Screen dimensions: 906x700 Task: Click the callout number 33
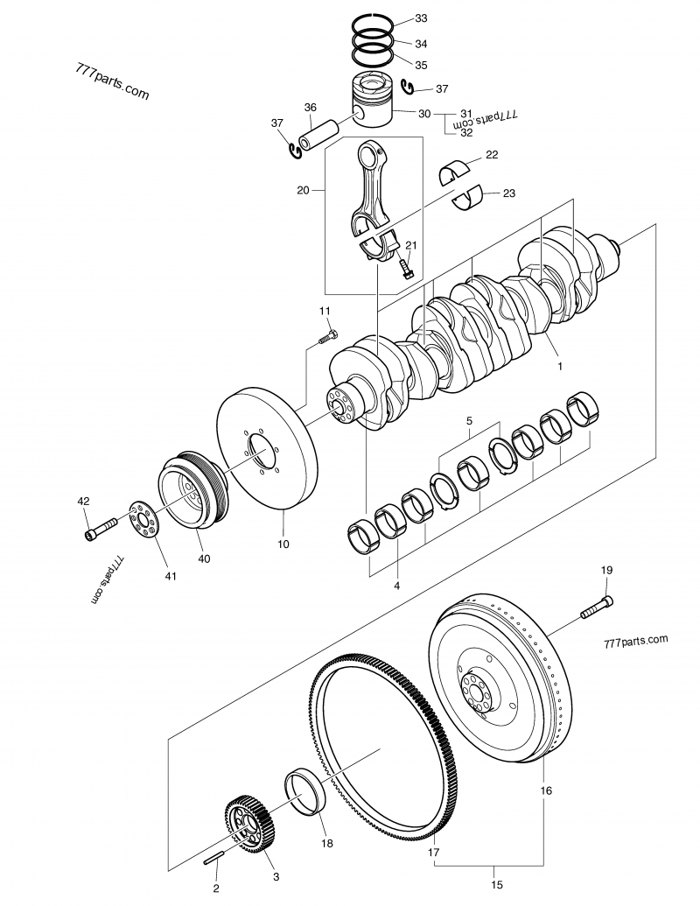coord(421,18)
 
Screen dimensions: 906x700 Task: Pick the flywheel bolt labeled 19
coord(595,606)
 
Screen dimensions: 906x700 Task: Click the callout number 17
coord(433,851)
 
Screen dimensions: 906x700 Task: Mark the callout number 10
coord(283,544)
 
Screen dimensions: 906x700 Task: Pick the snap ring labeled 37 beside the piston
coord(409,86)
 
